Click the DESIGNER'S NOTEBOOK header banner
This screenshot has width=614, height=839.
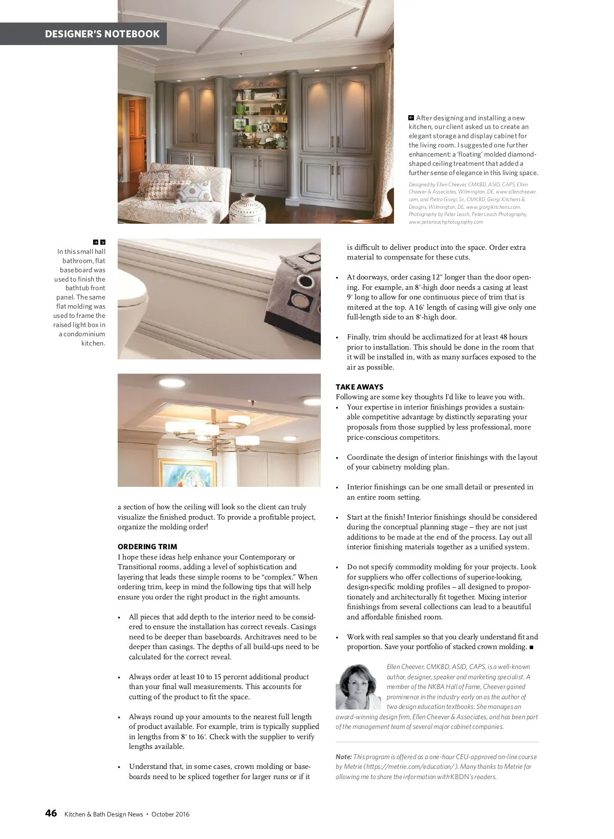[102, 34]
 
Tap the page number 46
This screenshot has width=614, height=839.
[51, 813]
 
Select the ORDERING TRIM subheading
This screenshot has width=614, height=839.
[147, 547]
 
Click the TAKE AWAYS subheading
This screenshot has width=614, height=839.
[359, 387]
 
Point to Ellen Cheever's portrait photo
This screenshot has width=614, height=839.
[358, 686]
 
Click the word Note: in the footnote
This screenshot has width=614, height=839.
[343, 757]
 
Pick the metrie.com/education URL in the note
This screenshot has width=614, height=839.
[409, 767]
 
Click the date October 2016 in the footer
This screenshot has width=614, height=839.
[170, 814]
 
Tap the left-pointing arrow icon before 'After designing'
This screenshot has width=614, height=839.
[411, 118]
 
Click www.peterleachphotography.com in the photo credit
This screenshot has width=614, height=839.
[446, 222]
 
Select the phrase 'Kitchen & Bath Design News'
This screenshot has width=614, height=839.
[103, 814]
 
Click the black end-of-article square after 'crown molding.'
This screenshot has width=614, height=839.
[532, 648]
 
